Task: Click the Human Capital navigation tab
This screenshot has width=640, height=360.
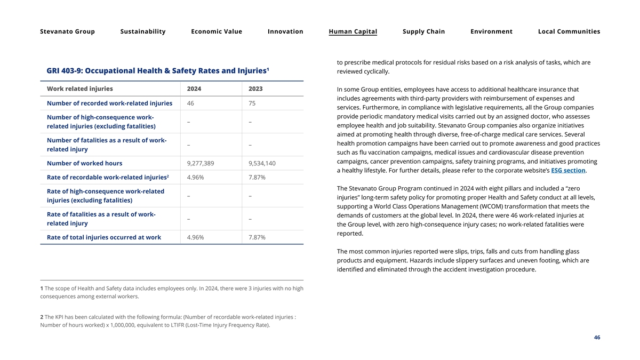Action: point(353,31)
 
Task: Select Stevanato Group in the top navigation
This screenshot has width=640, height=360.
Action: point(67,31)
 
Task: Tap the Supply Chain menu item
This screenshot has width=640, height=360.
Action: point(423,31)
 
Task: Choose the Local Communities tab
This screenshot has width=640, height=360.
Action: point(569,31)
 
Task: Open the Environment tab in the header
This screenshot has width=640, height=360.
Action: point(491,31)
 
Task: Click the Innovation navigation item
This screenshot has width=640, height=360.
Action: point(285,31)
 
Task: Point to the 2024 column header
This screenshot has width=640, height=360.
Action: point(194,89)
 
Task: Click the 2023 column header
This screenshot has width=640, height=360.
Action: point(255,89)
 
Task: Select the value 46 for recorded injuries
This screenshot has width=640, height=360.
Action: point(191,103)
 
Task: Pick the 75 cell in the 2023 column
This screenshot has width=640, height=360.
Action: point(253,103)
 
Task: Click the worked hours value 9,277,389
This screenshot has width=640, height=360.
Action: point(201,163)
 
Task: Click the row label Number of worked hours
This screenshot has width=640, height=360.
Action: point(84,163)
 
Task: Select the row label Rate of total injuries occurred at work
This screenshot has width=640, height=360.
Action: point(103,237)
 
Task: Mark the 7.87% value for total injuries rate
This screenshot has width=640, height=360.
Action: point(257,237)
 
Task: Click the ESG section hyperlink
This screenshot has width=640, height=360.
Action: point(568,171)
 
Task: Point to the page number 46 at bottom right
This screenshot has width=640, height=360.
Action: point(597,338)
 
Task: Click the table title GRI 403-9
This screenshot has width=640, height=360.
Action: point(156,70)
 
